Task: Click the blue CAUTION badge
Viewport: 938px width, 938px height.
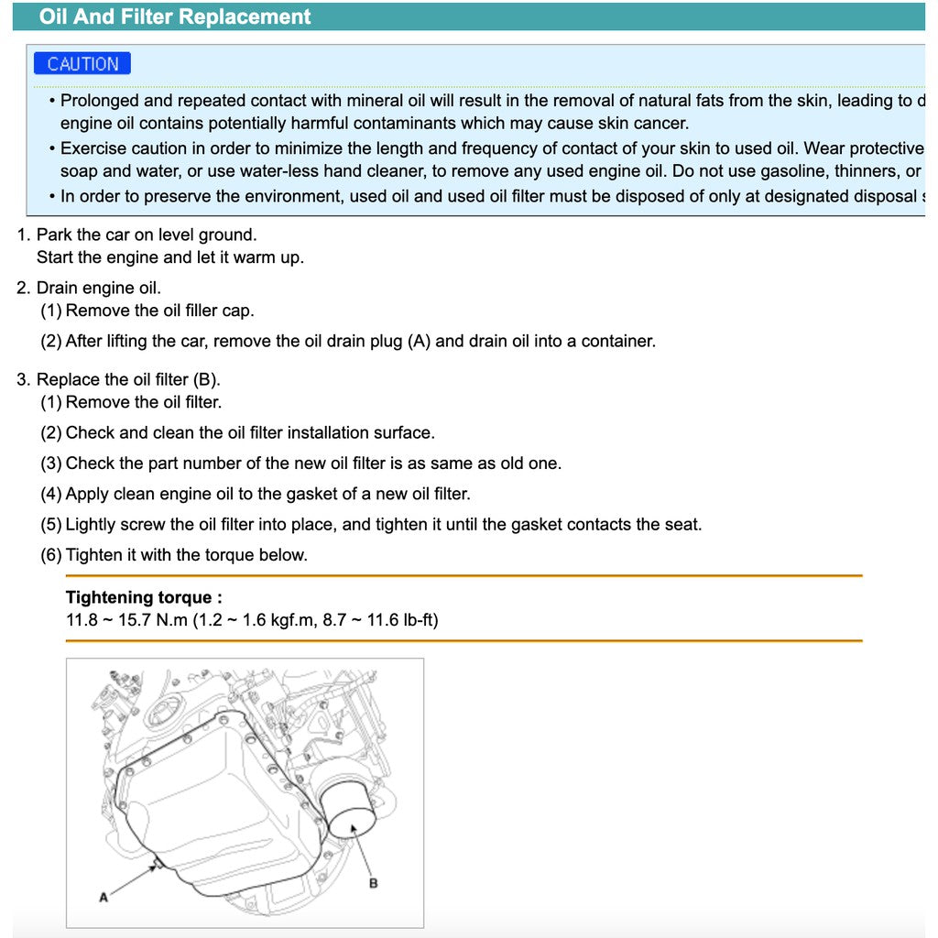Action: tap(82, 64)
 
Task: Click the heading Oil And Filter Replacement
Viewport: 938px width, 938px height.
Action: tap(175, 16)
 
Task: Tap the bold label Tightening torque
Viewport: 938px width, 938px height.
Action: tap(144, 597)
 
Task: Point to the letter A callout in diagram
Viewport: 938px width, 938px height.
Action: tap(104, 897)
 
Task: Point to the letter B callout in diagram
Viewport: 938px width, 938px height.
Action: tap(373, 883)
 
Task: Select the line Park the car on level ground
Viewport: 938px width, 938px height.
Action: tap(147, 234)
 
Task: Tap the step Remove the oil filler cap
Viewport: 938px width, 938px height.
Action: tap(159, 311)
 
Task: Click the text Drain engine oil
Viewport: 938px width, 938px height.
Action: tap(98, 288)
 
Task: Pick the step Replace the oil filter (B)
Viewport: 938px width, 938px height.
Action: tap(128, 379)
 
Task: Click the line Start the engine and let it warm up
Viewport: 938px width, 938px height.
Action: tap(169, 257)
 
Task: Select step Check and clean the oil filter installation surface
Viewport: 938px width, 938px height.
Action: tap(249, 432)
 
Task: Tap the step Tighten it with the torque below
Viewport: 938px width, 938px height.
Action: tap(186, 554)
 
